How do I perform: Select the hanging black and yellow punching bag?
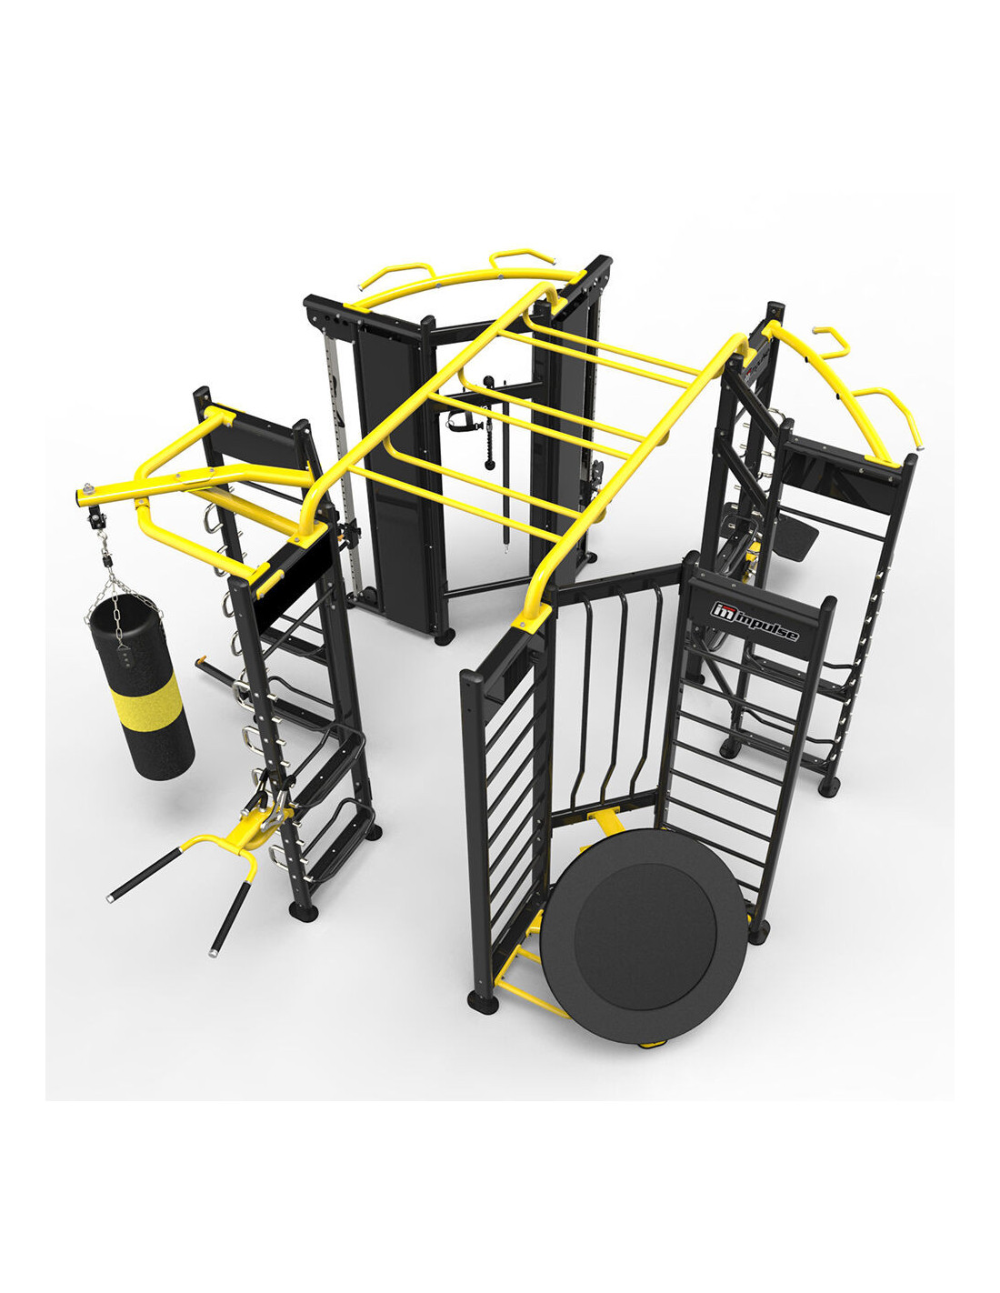[x=140, y=686]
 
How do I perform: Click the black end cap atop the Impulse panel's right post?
[x=827, y=606]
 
